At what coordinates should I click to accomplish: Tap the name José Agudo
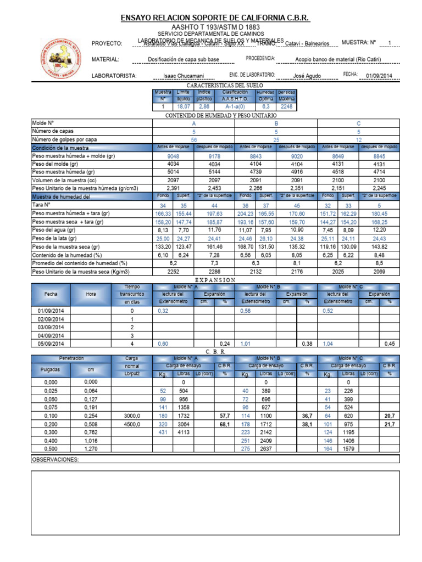[x=306, y=76]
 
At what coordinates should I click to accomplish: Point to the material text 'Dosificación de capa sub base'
[x=184, y=60]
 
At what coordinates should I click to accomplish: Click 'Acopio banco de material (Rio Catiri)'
[x=337, y=60]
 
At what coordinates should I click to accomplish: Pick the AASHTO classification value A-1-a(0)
[x=235, y=106]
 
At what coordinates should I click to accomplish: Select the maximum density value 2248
[x=286, y=106]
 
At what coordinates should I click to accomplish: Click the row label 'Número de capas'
[x=53, y=132]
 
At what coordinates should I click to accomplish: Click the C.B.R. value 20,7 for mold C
[x=388, y=417]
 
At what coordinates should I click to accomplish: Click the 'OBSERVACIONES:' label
[x=55, y=459]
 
